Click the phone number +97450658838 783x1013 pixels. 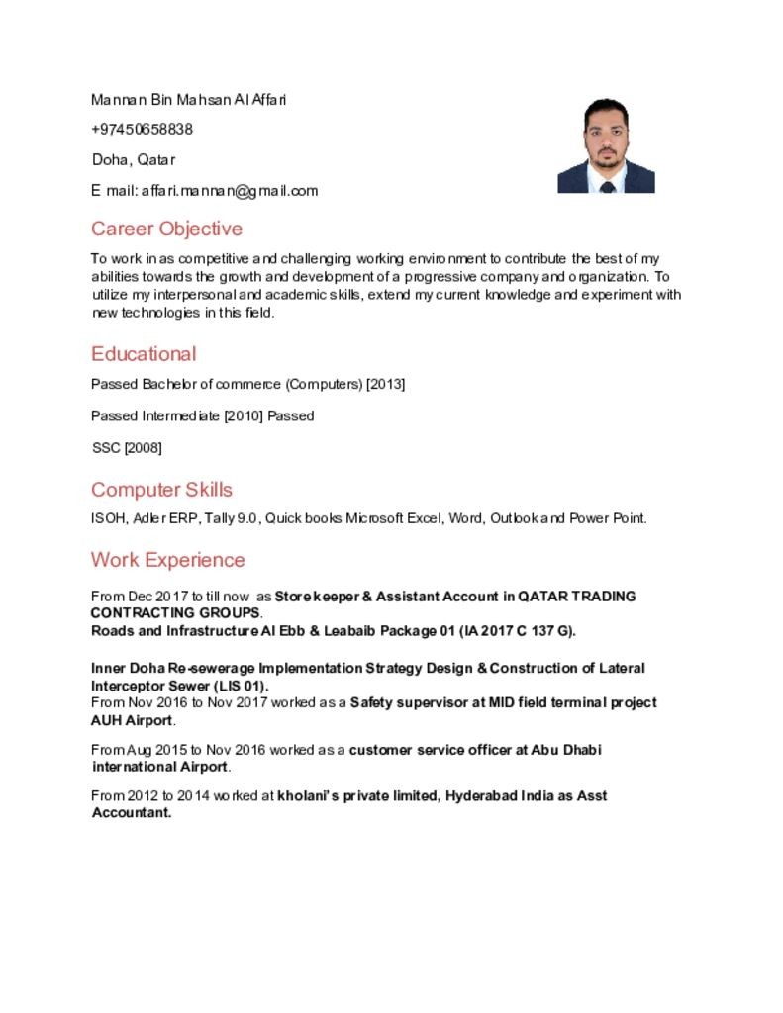click(142, 130)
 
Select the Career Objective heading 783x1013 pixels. click(166, 229)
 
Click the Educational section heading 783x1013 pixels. click(144, 354)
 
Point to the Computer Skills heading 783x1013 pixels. click(161, 490)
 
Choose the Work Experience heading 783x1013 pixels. click(167, 560)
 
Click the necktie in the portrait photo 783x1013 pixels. click(607, 185)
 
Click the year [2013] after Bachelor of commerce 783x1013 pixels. click(386, 384)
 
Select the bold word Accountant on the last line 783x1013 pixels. click(131, 813)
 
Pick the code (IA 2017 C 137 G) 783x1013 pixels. click(516, 631)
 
